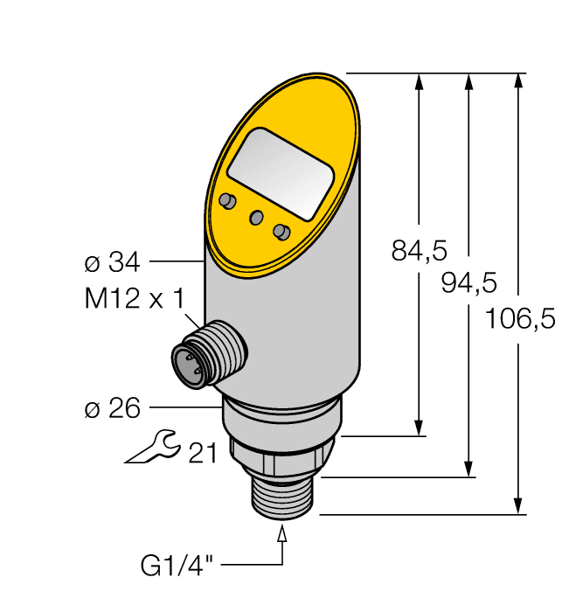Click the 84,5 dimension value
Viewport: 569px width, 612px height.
tap(419, 252)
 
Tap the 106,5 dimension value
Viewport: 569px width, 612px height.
tap(520, 318)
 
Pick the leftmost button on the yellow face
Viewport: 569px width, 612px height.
tap(228, 202)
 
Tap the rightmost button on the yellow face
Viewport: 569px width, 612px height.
tap(281, 232)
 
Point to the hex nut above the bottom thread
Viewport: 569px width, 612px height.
tap(281, 454)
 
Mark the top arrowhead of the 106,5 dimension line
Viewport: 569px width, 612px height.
tap(519, 80)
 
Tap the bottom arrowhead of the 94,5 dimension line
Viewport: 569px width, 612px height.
tap(470, 469)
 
